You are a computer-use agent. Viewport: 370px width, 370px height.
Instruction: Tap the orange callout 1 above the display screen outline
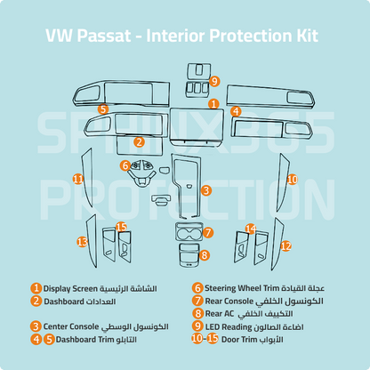[213, 104]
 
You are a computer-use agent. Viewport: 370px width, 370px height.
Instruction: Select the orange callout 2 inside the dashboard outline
[140, 141]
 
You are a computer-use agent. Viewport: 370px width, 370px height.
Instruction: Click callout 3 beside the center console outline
[205, 189]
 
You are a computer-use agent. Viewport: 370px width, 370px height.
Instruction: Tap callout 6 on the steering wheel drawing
[126, 165]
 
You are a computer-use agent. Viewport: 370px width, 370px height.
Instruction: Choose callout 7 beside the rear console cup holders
[207, 233]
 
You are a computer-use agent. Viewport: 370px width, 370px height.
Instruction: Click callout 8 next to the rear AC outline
[204, 255]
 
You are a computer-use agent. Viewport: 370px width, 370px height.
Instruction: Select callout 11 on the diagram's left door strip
[78, 180]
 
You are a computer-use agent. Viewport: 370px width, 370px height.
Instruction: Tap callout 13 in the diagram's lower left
[82, 241]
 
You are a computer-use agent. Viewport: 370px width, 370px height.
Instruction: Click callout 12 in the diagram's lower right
[286, 245]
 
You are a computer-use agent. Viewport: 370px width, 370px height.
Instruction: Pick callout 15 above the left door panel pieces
[121, 228]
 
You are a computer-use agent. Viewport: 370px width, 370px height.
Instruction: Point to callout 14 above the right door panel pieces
[250, 229]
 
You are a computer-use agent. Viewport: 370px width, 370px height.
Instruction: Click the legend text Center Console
[70, 326]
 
